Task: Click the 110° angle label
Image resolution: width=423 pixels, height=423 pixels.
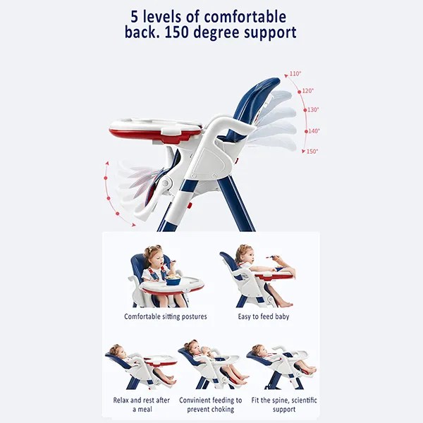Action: (x=295, y=73)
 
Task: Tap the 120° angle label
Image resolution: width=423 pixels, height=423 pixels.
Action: (x=308, y=91)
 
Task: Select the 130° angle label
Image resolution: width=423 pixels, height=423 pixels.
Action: (x=313, y=110)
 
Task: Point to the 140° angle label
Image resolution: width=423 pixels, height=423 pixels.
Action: (x=314, y=131)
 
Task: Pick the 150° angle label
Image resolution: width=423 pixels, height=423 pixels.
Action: (x=312, y=152)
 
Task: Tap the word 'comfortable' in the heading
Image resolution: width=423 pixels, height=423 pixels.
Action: (x=245, y=17)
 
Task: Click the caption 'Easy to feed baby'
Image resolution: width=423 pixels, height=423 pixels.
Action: (x=264, y=317)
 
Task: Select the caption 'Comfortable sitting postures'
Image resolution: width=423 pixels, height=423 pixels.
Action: (x=166, y=317)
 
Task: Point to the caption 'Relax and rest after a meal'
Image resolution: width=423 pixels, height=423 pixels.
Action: (x=142, y=405)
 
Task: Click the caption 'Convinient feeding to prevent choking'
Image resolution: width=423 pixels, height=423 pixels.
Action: (x=210, y=405)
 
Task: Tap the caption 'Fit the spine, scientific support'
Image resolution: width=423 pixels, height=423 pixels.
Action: (x=284, y=405)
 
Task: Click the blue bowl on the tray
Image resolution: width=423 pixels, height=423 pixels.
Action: (x=173, y=281)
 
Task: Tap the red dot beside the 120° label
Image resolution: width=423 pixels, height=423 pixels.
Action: (x=299, y=92)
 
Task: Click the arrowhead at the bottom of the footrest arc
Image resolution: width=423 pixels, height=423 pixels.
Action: (x=133, y=225)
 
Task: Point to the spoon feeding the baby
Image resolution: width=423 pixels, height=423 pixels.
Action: (x=271, y=257)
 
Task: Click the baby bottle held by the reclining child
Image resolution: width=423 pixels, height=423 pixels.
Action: (x=206, y=350)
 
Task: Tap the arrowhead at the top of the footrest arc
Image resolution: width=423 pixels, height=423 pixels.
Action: (x=107, y=164)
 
